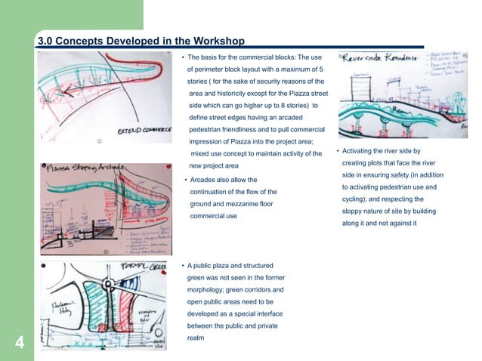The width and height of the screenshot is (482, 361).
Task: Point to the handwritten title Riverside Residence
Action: tap(386, 58)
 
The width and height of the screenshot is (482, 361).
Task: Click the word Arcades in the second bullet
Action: tap(205, 180)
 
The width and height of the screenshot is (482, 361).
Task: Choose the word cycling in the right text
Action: tap(354, 199)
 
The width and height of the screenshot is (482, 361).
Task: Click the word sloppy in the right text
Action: tap(354, 211)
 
